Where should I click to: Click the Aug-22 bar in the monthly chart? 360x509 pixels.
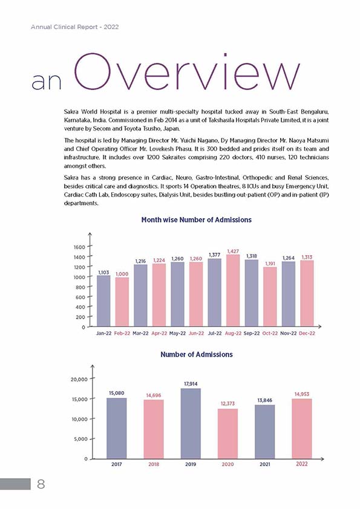pyautogui.click(x=233, y=291)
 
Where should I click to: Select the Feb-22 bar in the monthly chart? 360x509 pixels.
pyautogui.click(x=122, y=302)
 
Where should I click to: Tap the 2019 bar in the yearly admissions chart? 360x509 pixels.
pyautogui.click(x=191, y=424)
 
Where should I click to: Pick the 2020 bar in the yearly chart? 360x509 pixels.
pyautogui.click(x=227, y=433)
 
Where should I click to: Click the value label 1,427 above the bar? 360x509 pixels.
pyautogui.click(x=233, y=251)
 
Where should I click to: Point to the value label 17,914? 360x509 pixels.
pyautogui.click(x=191, y=384)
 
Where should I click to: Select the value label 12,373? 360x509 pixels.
pyautogui.click(x=227, y=403)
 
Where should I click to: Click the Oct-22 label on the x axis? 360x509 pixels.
pyautogui.click(x=270, y=333)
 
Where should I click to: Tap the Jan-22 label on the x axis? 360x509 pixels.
pyautogui.click(x=103, y=333)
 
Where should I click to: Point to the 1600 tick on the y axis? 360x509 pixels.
pyautogui.click(x=79, y=247)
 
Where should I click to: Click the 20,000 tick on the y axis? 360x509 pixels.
pyautogui.click(x=79, y=379)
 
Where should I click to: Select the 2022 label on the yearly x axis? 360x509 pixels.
pyautogui.click(x=301, y=464)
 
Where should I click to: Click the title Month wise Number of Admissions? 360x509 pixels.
pyautogui.click(x=196, y=220)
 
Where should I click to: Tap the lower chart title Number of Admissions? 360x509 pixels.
pyautogui.click(x=197, y=354)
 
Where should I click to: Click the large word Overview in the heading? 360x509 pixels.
pyautogui.click(x=186, y=73)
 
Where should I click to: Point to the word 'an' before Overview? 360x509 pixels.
pyautogui.click(x=47, y=82)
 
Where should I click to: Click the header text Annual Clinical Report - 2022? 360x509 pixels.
pyautogui.click(x=75, y=27)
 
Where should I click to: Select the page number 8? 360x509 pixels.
pyautogui.click(x=41, y=484)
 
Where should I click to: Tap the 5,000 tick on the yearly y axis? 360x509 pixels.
pyautogui.click(x=81, y=439)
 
